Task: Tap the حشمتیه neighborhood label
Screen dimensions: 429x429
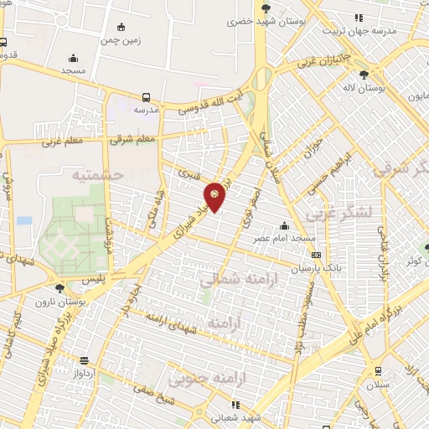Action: click(98, 175)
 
